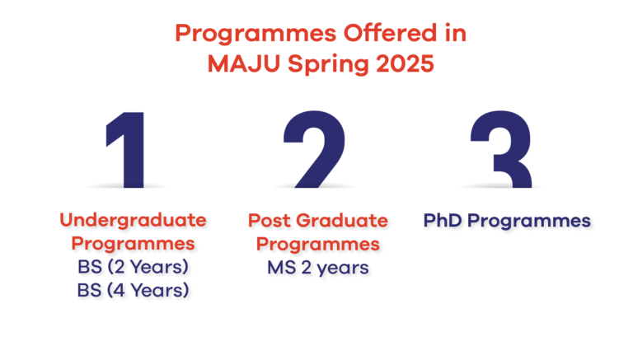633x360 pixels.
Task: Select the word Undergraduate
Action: point(132,220)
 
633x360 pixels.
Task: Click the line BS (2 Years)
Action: point(132,267)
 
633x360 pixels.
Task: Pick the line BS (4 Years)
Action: point(132,290)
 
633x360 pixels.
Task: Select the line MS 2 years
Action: point(317,267)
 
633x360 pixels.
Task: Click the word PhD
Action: point(446,221)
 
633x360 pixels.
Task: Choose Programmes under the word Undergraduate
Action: point(132,245)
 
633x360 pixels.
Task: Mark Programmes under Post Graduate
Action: point(317,245)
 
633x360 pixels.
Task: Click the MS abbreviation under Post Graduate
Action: point(279,267)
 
